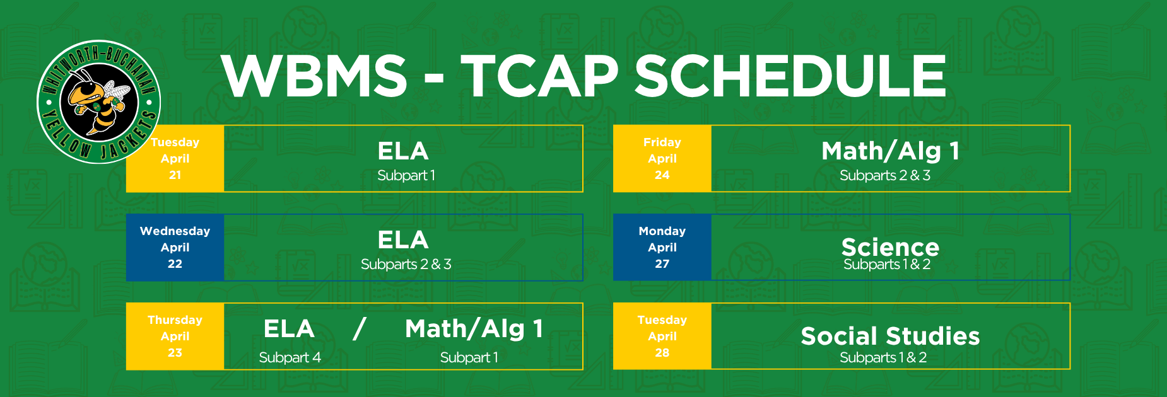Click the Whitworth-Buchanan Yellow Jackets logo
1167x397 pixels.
tap(99, 102)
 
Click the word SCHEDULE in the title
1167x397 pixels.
tap(790, 76)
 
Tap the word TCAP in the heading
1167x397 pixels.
tap(540, 76)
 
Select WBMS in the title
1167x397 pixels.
tap(314, 76)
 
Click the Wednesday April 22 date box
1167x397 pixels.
tap(175, 248)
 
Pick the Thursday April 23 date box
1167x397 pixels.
tap(175, 337)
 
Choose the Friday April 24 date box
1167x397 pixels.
tap(662, 159)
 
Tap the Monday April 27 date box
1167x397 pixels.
tap(662, 248)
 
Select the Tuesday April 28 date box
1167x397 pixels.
tap(662, 337)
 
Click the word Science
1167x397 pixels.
tap(890, 247)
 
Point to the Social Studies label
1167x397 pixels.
tap(890, 336)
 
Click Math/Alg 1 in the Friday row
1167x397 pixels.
tap(890, 151)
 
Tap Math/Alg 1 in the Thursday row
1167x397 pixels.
tap(474, 329)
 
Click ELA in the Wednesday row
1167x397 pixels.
tap(403, 240)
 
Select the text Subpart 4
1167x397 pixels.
tap(290, 358)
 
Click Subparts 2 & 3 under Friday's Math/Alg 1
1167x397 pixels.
tap(885, 176)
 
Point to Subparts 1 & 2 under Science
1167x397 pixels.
tap(887, 264)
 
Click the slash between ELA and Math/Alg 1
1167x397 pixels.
tap(360, 328)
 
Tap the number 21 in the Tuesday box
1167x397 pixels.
tap(175, 175)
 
